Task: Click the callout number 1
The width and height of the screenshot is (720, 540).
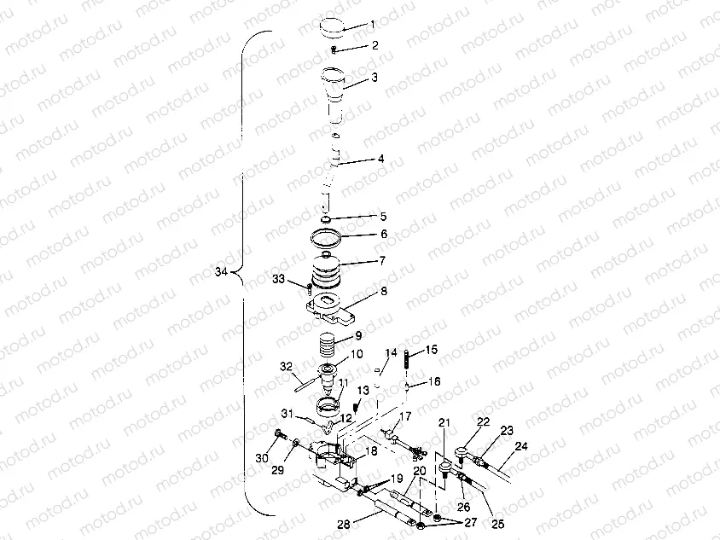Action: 372,25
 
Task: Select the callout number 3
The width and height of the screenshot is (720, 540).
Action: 374,78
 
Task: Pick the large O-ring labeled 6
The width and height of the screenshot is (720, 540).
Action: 328,235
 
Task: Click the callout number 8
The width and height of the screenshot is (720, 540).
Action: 383,292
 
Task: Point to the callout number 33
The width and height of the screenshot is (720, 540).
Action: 279,279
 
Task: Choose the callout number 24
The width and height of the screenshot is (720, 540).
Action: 521,445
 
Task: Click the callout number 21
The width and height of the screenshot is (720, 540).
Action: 444,422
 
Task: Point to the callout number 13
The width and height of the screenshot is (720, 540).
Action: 363,389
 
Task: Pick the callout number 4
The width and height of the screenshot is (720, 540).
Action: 380,158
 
